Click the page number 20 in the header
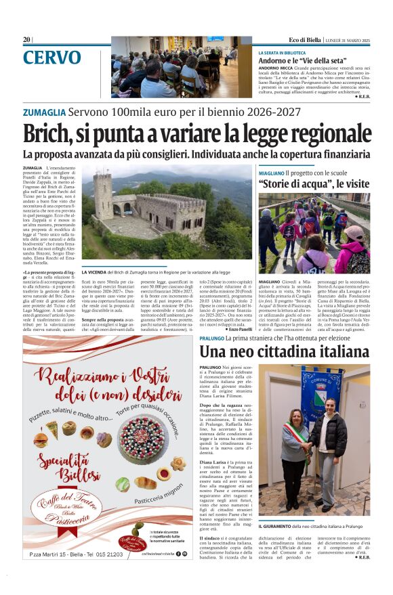point(26,40)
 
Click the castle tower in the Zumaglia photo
point(103,196)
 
